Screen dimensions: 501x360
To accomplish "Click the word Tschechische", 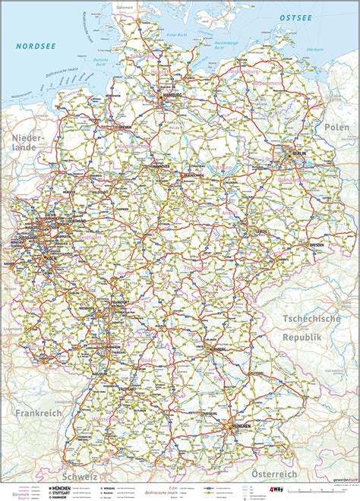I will tap(312, 320).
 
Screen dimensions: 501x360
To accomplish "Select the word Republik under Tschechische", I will tap(302, 336).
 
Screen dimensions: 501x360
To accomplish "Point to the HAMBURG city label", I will tap(172, 96).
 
